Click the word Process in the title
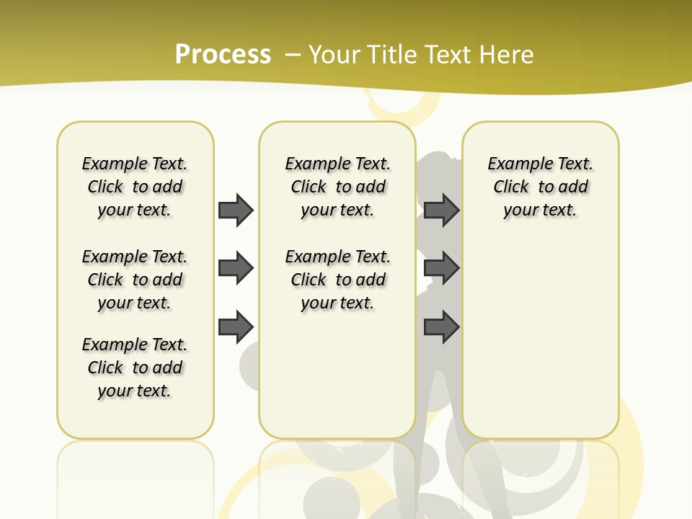point(223,55)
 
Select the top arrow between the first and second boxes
point(236,210)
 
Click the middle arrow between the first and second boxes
point(236,268)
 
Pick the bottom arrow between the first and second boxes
point(236,327)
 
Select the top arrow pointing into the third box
point(442,210)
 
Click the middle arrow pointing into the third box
point(442,268)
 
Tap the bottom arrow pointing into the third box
point(442,327)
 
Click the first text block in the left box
point(135,187)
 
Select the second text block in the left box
point(135,280)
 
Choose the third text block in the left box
point(135,368)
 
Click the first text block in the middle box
point(337,187)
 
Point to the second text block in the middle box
point(337,280)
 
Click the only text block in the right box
point(540,187)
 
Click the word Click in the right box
point(511,187)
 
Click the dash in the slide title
point(293,55)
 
